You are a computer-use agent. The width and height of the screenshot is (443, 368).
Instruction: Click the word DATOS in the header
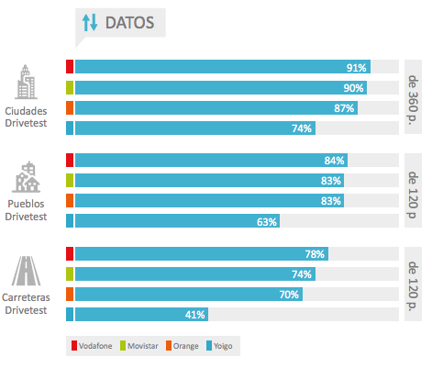pos(129,22)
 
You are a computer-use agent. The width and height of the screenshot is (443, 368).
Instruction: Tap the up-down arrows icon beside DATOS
pos(90,22)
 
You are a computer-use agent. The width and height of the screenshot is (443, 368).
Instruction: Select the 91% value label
pos(357,68)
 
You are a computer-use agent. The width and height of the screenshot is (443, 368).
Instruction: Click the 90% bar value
pos(354,88)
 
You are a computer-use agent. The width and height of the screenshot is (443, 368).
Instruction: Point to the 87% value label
pos(345,108)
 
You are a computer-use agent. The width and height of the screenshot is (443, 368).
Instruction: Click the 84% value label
pos(334,161)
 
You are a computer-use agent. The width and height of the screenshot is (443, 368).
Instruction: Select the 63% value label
pos(267,221)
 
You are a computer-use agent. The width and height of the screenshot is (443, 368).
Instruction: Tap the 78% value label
pos(316,254)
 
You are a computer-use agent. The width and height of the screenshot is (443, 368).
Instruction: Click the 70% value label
pos(290,295)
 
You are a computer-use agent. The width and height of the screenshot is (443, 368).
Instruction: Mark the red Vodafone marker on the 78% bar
pos(70,254)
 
